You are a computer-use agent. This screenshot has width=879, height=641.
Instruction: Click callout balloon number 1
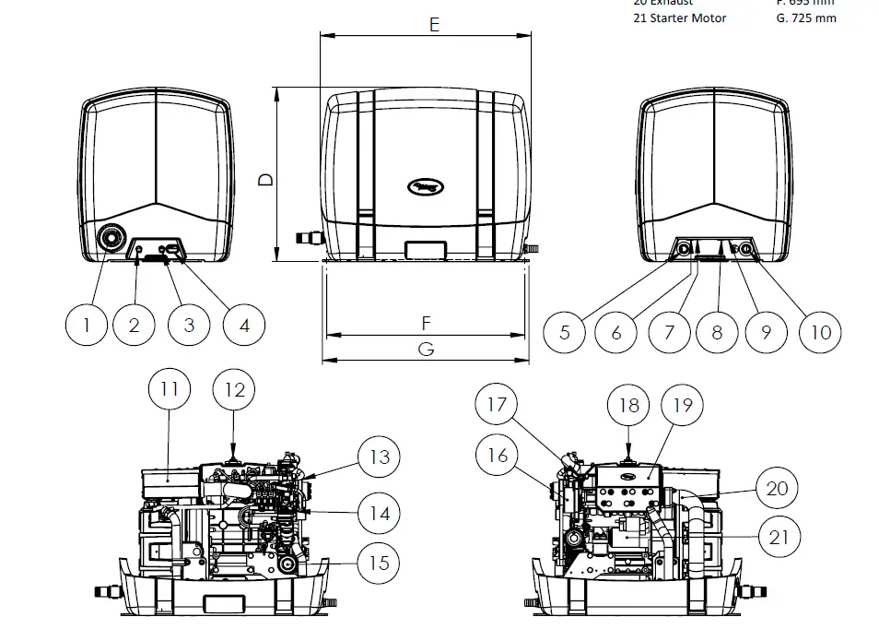(x=87, y=325)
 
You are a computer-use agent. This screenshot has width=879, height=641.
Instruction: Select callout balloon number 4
(x=244, y=325)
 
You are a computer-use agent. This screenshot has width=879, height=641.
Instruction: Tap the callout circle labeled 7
(x=670, y=331)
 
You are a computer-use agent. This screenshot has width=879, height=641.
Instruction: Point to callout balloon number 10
(x=820, y=331)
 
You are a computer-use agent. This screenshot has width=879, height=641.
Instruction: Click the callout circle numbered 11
(x=169, y=389)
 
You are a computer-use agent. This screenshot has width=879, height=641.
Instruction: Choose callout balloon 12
(x=235, y=389)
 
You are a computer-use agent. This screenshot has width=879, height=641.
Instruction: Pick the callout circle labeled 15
(x=379, y=563)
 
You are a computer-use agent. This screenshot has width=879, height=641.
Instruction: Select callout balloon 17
(x=498, y=404)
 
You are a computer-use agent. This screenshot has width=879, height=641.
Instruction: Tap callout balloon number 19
(x=682, y=405)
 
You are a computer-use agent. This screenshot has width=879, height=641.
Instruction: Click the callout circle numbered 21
(x=779, y=537)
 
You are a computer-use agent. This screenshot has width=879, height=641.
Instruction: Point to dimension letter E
(x=434, y=25)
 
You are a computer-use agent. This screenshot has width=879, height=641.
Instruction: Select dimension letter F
(x=426, y=323)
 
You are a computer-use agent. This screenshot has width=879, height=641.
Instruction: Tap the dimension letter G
(x=426, y=350)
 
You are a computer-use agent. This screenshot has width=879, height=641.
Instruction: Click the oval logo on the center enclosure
(x=426, y=187)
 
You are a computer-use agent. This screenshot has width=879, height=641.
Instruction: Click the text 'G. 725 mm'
(x=806, y=18)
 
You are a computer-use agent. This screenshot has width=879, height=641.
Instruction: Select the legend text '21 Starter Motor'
(x=679, y=18)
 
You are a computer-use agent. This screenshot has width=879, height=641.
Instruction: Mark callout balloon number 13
(x=379, y=457)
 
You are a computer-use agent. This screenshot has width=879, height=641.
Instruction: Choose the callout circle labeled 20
(x=778, y=487)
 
